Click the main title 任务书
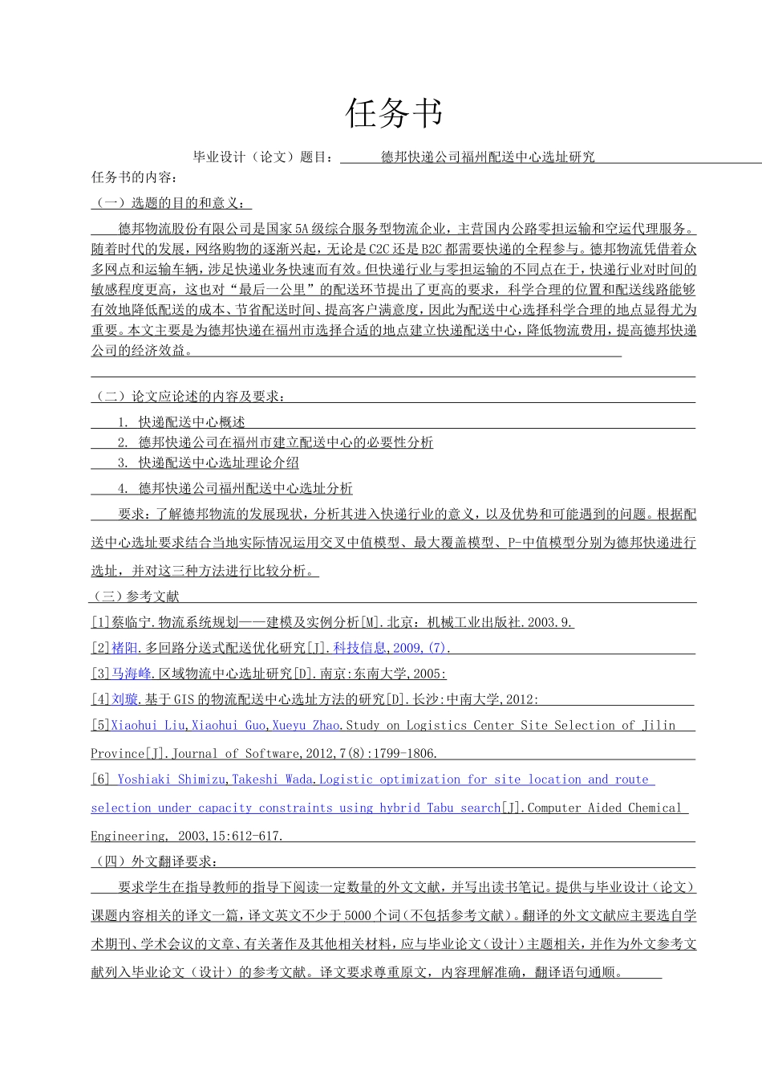point(394,113)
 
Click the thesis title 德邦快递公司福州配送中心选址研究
point(488,157)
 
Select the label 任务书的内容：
point(135,177)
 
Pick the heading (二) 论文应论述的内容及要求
point(189,397)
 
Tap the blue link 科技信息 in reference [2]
point(359,648)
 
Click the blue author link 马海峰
point(131,674)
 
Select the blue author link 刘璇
point(124,699)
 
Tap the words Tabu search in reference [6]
point(464,808)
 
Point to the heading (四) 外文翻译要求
point(156,861)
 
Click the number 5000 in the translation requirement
point(358,915)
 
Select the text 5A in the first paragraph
point(302,229)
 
